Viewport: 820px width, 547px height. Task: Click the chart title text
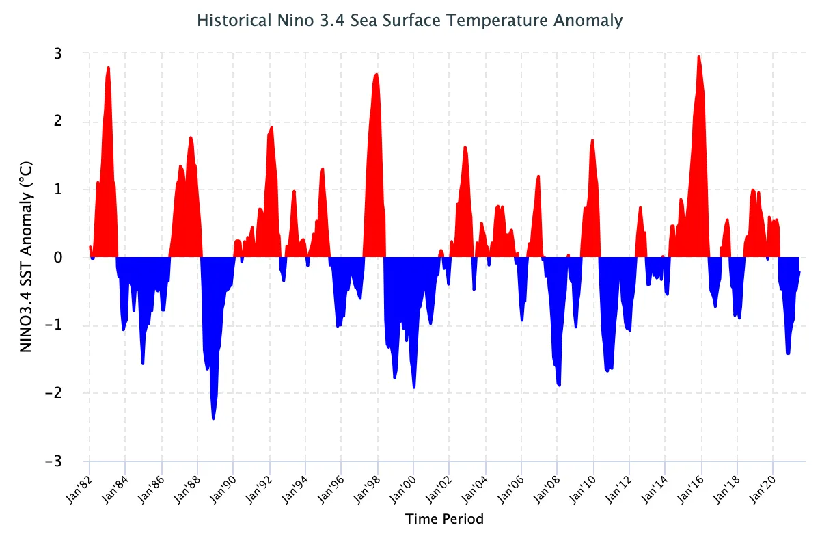coord(410,21)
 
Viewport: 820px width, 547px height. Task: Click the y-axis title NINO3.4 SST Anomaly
coord(27,257)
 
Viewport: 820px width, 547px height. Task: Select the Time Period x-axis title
coord(444,519)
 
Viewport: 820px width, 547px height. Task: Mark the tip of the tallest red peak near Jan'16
coord(698,57)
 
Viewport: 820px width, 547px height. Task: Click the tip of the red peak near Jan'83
coord(108,67)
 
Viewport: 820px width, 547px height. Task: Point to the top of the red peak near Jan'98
coord(377,74)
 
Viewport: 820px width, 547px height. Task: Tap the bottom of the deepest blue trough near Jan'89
coord(213,418)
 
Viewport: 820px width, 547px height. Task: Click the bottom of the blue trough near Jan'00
coord(414,388)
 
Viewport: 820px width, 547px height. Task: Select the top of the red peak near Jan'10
coord(592,139)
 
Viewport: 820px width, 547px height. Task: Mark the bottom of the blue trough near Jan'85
coord(143,364)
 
